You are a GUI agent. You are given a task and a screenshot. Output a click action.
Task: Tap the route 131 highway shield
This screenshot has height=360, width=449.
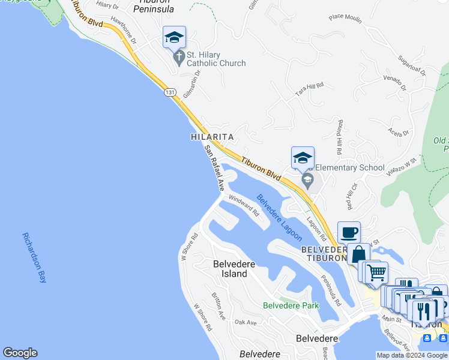click(x=170, y=92)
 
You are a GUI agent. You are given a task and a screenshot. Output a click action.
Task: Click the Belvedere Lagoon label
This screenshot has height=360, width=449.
click(x=279, y=217)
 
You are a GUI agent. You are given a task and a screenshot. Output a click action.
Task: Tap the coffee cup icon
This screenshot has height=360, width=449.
click(x=349, y=232)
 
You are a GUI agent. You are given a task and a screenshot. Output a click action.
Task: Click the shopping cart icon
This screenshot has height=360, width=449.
click(x=376, y=272)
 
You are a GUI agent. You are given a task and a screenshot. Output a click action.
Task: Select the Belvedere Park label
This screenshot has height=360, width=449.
click(x=291, y=305)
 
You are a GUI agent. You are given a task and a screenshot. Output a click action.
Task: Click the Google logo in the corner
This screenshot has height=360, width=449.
click(x=20, y=353)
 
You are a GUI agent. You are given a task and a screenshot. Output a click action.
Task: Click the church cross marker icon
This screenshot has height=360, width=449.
click(x=178, y=58)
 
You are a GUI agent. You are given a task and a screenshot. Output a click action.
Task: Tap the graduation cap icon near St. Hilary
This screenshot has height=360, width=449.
click(x=174, y=37)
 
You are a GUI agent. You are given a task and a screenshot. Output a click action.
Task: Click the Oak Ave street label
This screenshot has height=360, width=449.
click(x=246, y=323)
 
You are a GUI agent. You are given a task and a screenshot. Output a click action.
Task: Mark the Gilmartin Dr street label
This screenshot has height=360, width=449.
click(x=191, y=84)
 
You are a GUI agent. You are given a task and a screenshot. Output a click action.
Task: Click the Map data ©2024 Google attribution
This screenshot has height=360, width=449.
click(x=412, y=355)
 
